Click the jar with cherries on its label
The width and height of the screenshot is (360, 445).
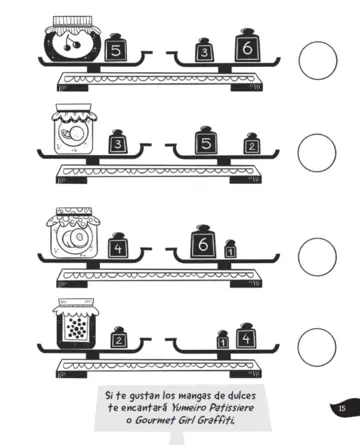[x=71, y=41]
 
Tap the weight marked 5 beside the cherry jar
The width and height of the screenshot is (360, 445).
[x=116, y=49]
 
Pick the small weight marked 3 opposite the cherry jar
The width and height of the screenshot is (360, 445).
[x=204, y=52]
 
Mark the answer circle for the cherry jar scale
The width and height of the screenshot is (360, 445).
[x=318, y=60]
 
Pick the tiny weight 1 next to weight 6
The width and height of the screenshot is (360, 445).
[x=231, y=249]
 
